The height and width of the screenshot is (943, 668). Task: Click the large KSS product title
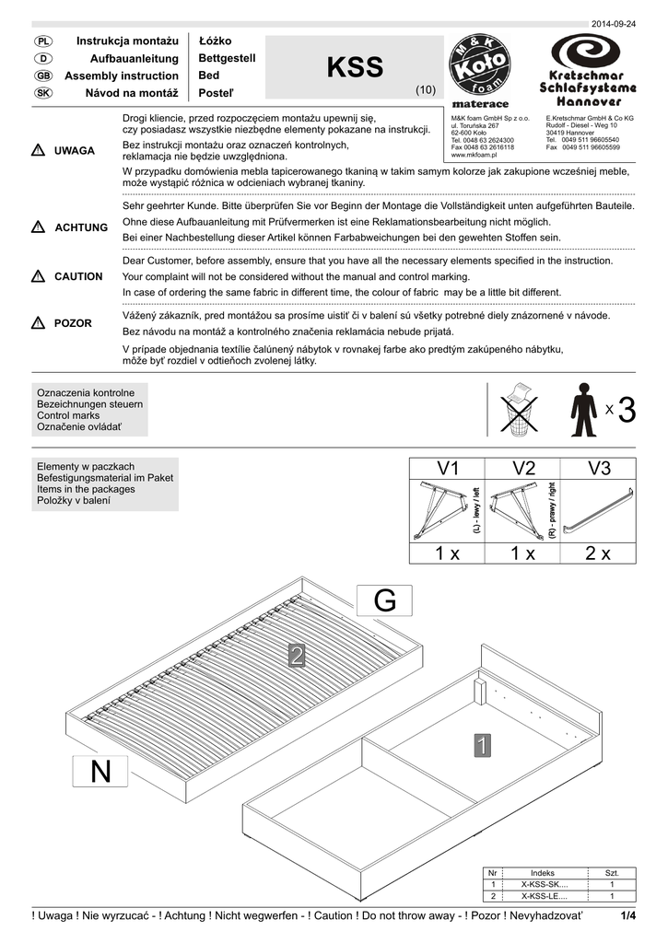(x=355, y=67)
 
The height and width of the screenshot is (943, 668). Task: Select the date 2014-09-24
(x=614, y=24)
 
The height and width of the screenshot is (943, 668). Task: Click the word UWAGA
(x=75, y=151)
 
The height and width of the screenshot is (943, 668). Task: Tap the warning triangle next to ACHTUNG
(x=38, y=227)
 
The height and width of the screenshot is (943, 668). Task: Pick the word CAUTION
(x=78, y=276)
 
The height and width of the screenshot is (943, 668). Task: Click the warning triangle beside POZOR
(x=38, y=323)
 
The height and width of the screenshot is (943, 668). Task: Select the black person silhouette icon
(x=583, y=410)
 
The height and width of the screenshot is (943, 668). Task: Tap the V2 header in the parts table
(x=522, y=469)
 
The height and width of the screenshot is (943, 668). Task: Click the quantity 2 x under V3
(x=598, y=553)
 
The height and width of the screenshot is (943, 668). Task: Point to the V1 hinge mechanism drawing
(x=442, y=511)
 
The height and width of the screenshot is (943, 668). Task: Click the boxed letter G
(x=385, y=601)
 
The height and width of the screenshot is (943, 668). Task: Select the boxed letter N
(x=101, y=771)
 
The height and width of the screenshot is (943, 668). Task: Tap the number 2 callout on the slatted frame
(x=297, y=656)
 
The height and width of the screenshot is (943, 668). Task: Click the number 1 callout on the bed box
(x=482, y=745)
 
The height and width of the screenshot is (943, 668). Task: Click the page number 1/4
(x=629, y=914)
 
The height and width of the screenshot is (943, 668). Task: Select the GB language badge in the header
(x=42, y=76)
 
